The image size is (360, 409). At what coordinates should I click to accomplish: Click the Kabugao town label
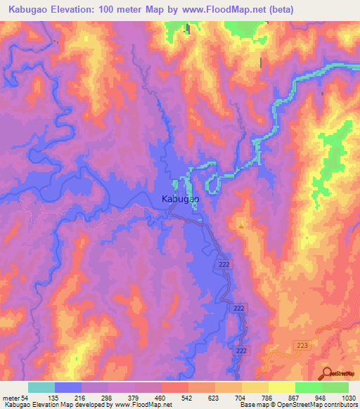pos(181,199)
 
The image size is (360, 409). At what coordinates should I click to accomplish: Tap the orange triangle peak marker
pos(241,226)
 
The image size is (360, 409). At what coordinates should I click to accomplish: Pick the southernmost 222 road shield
pos(242,350)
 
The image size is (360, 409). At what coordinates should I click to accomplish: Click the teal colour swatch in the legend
pos(41,388)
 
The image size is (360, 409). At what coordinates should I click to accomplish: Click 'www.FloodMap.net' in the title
pos(217,10)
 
